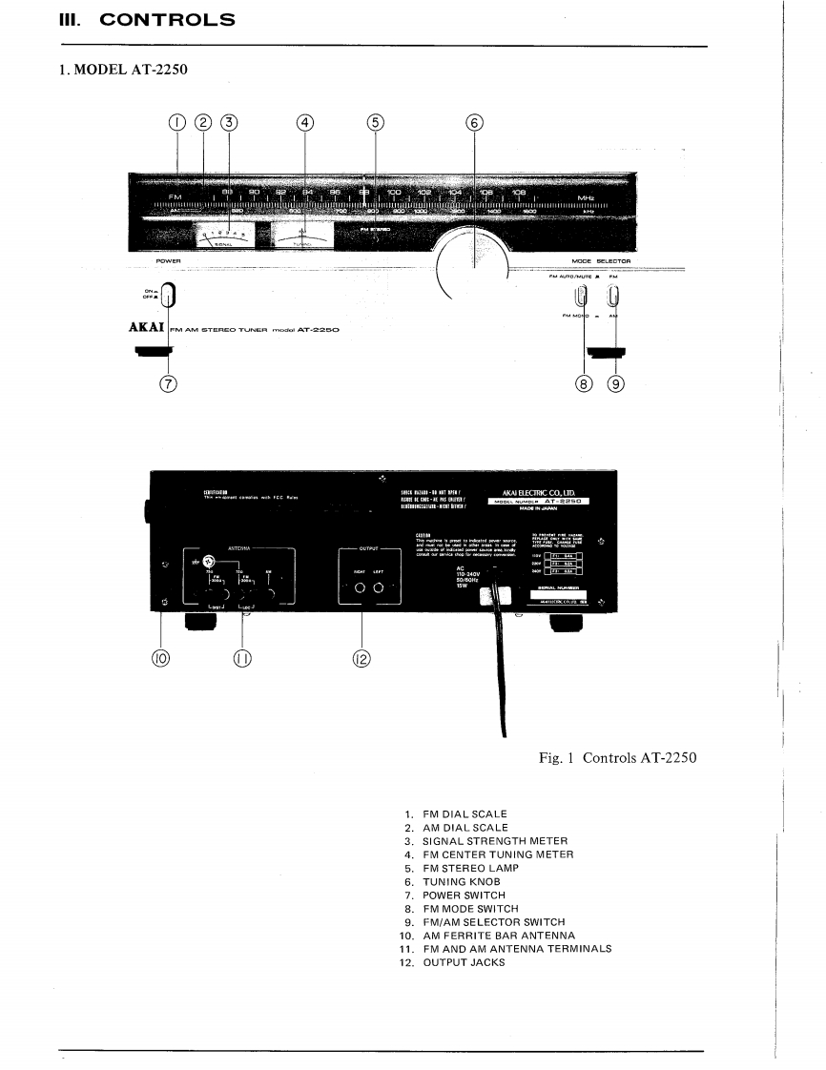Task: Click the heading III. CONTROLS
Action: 147,19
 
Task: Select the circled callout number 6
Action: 475,122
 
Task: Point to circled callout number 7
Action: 168,383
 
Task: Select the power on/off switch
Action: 168,297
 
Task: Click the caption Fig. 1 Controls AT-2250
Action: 617,758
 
